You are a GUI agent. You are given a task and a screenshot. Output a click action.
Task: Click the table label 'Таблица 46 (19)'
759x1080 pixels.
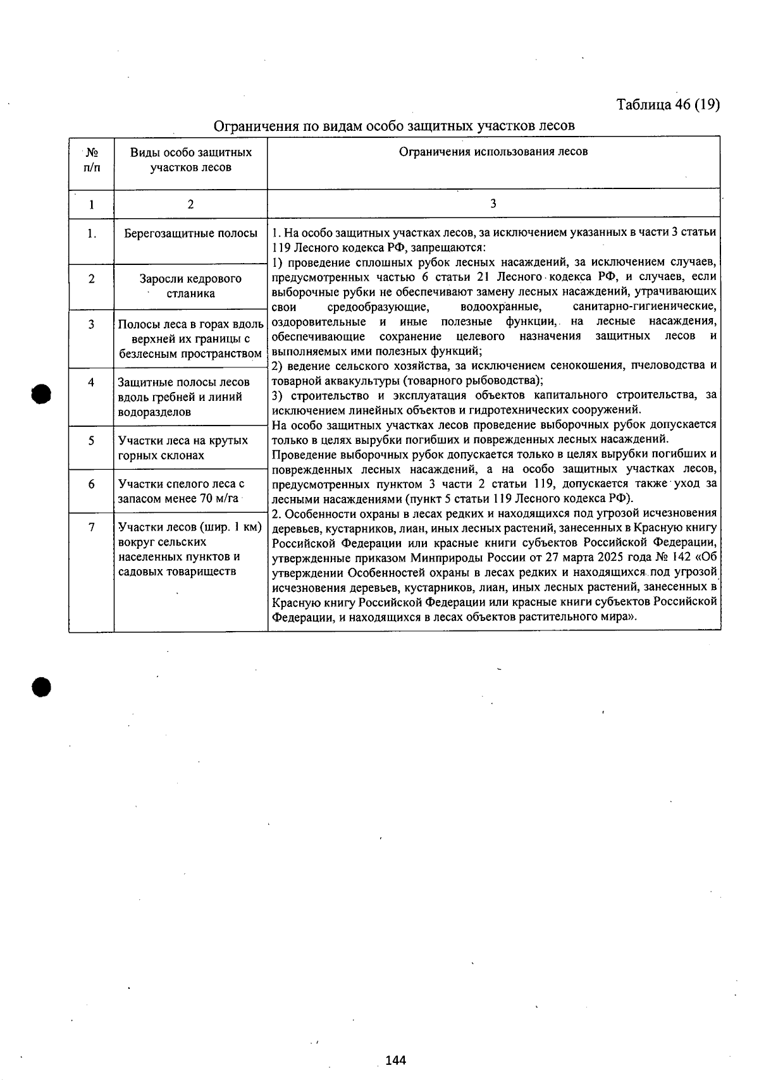668,104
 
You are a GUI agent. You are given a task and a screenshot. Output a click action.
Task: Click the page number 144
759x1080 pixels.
395,1060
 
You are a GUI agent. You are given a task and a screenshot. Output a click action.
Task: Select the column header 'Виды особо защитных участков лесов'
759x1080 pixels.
190,160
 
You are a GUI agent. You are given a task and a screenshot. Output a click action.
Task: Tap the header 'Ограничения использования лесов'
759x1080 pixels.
493,152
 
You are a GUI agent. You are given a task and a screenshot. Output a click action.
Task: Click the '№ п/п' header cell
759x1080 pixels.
92,160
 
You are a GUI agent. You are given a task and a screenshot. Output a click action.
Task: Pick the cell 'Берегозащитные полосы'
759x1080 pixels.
190,233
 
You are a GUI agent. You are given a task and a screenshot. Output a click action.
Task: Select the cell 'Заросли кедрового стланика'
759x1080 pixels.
190,286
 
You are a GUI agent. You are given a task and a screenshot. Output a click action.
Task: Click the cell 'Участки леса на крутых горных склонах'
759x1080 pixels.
183,448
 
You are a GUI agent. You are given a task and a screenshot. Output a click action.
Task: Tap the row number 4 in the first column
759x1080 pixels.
92,383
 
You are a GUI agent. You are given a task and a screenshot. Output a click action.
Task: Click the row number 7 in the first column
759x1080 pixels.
92,527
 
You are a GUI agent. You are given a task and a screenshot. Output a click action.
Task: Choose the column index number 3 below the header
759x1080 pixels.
493,204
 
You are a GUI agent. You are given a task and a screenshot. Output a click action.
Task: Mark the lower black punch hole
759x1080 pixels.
41,687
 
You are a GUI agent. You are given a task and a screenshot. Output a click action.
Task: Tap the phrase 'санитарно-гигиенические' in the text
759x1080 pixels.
645,307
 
